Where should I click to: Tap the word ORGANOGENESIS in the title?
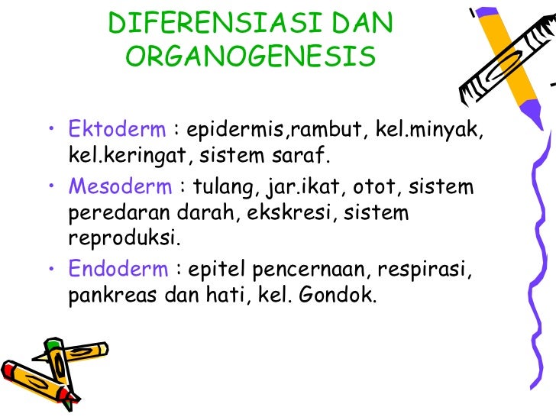251,57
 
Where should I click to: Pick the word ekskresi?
293,212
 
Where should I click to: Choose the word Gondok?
344,296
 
